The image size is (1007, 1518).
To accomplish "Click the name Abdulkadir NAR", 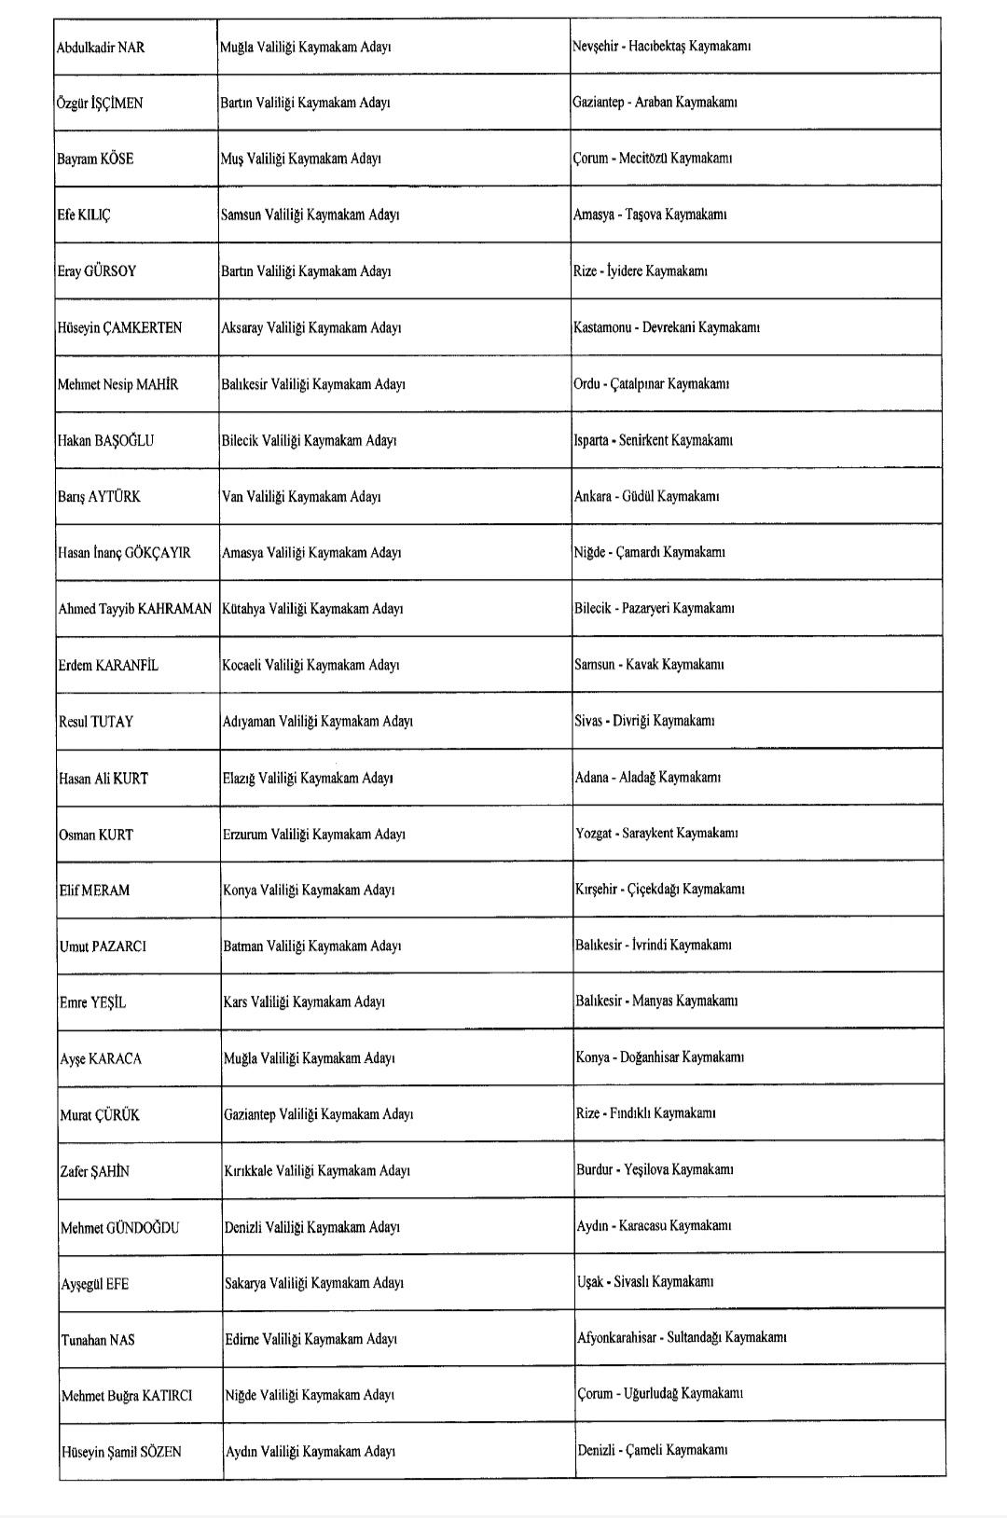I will point(101,48).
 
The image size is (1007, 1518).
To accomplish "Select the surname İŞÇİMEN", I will point(117,103).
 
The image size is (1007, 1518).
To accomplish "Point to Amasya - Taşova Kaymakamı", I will point(650,214).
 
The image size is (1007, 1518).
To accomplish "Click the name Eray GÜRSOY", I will point(97,271).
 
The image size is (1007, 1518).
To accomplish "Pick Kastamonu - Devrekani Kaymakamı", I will point(667,327).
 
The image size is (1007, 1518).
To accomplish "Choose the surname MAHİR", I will point(157,384).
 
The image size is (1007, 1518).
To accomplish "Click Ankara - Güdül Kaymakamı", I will point(646,496).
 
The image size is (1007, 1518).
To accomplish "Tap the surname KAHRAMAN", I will point(174,609).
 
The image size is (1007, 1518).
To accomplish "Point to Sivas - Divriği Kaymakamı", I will point(644,721).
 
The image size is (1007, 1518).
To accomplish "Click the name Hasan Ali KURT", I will point(103,779).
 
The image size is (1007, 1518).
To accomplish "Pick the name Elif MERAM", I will point(94,890).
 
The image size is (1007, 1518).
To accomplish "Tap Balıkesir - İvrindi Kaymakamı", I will point(653,945).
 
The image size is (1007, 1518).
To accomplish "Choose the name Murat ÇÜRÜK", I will point(100,1115).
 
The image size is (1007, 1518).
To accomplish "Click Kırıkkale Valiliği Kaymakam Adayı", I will point(317,1170).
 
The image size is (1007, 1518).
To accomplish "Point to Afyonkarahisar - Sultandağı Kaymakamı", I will point(682,1337).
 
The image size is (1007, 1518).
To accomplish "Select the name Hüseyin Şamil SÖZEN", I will point(121,1452).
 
